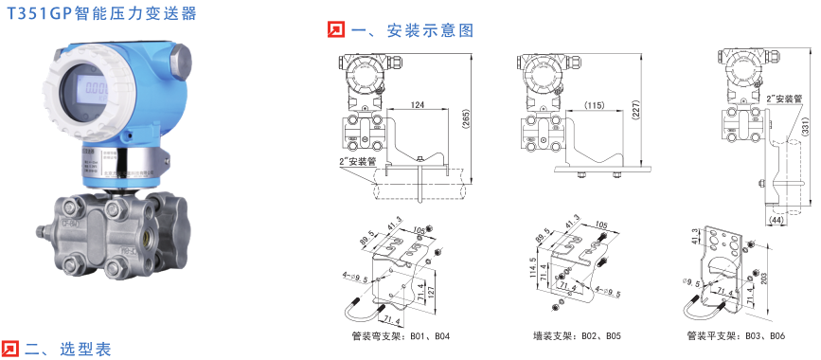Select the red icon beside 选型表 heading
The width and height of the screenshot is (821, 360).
click(x=9, y=348)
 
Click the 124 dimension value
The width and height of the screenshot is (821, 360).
click(x=417, y=104)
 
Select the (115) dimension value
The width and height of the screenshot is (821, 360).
click(x=594, y=105)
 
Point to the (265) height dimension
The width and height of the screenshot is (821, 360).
click(x=466, y=117)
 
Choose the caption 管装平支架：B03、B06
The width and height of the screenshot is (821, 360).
click(x=738, y=335)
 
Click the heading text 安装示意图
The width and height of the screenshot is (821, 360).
click(x=411, y=30)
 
